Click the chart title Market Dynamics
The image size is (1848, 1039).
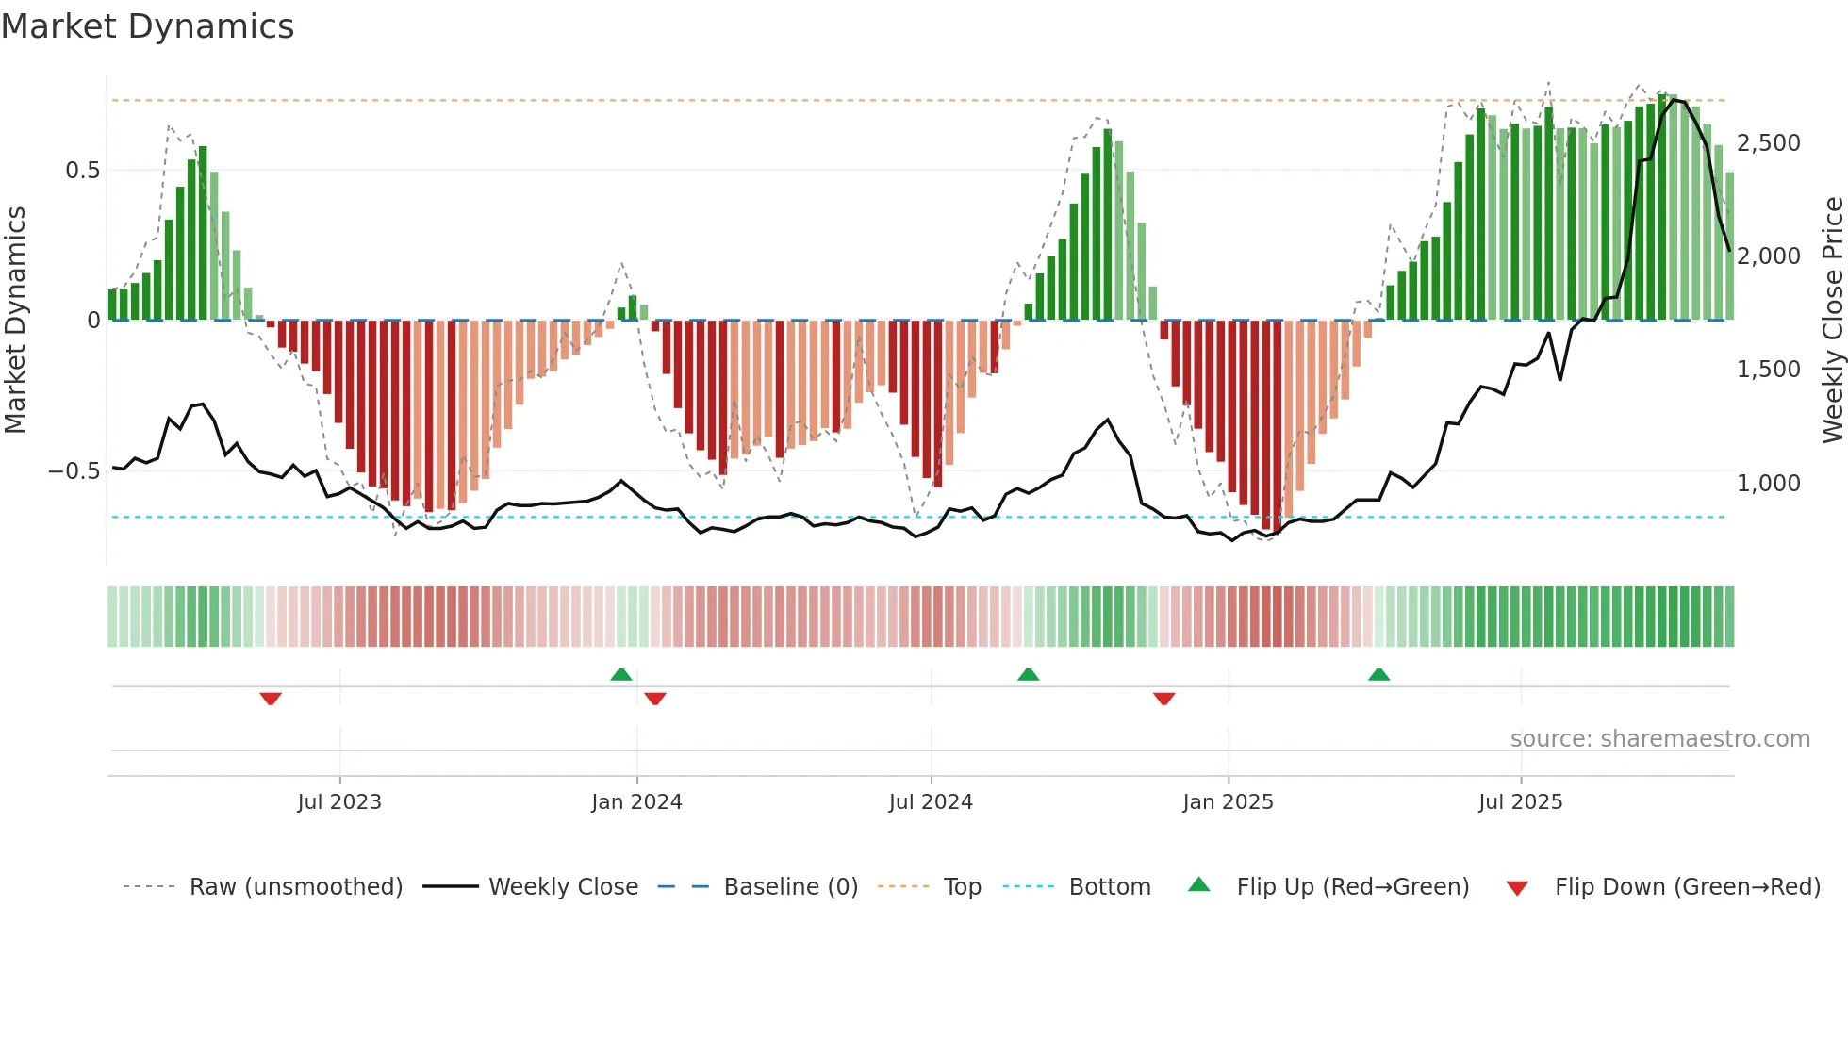click(x=147, y=26)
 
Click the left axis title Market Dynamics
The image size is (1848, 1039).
click(x=15, y=321)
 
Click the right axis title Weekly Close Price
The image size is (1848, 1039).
click(x=1832, y=321)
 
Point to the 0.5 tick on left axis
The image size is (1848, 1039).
click(x=82, y=171)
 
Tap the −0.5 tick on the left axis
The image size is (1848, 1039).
click(x=74, y=471)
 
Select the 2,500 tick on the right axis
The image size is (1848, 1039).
click(x=1768, y=143)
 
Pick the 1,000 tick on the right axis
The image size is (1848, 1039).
click(x=1768, y=483)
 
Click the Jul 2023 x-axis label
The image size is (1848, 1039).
click(x=339, y=802)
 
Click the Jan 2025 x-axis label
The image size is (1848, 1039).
click(x=1228, y=802)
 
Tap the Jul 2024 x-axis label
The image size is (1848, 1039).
click(x=931, y=802)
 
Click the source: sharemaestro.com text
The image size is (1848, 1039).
click(x=1659, y=739)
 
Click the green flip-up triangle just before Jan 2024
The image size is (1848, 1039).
click(x=620, y=674)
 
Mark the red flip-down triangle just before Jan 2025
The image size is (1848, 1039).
click(x=1163, y=699)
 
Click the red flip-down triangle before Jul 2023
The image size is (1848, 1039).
click(x=271, y=699)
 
